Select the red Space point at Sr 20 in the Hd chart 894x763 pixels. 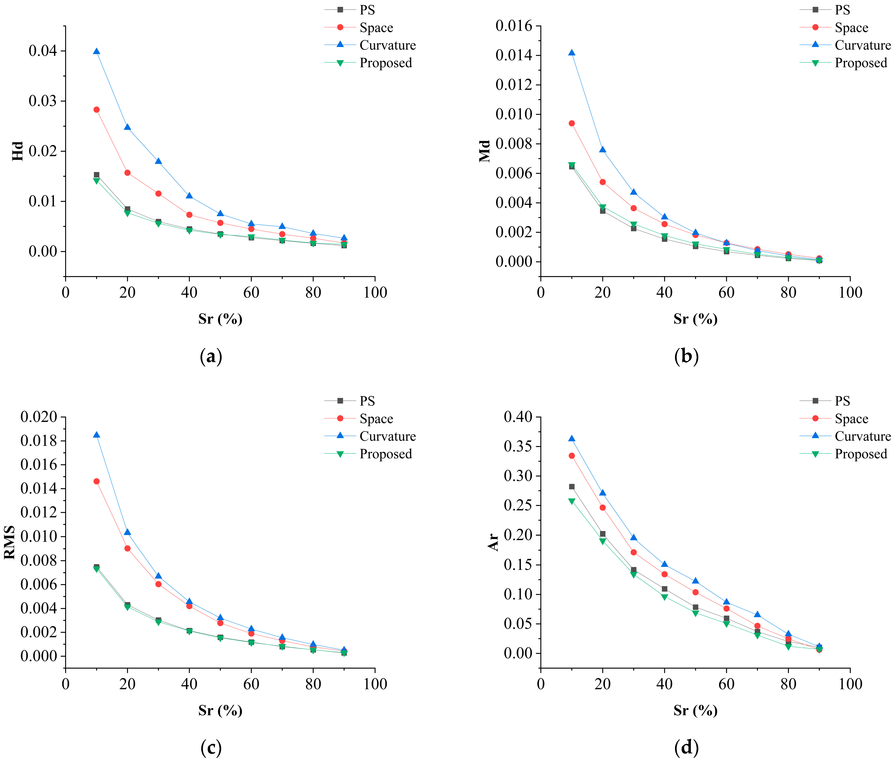point(127,173)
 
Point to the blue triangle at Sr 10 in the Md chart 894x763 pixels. point(572,53)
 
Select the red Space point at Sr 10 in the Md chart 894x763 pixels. point(572,123)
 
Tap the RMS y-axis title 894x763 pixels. point(10,542)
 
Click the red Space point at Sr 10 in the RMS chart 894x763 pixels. point(96,481)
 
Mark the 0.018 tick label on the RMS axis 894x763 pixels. point(39,441)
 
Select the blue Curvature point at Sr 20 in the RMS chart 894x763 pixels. point(127,532)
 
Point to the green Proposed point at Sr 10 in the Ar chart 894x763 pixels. point(572,501)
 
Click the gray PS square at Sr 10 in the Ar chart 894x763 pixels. point(572,486)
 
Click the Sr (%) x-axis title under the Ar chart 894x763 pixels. point(695,710)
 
